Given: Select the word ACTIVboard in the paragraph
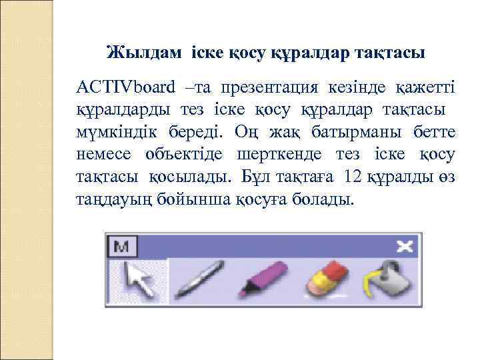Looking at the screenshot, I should (126, 87).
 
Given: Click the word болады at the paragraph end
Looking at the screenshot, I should (319, 199).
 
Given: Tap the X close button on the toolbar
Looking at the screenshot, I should (404, 247).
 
